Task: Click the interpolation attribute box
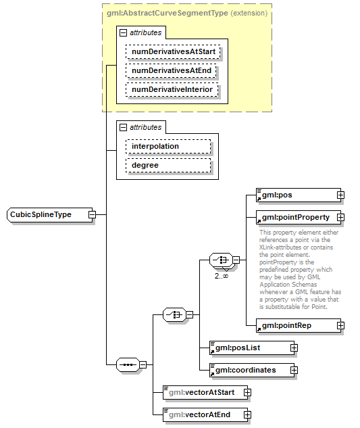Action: (x=167, y=146)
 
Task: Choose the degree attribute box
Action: (x=167, y=166)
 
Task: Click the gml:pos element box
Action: (x=295, y=195)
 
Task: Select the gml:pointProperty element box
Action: (x=295, y=218)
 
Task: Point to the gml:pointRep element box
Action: (x=295, y=326)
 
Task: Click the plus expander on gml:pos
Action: (x=340, y=195)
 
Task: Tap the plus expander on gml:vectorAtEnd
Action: (x=247, y=414)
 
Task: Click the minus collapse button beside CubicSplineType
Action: (x=92, y=215)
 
